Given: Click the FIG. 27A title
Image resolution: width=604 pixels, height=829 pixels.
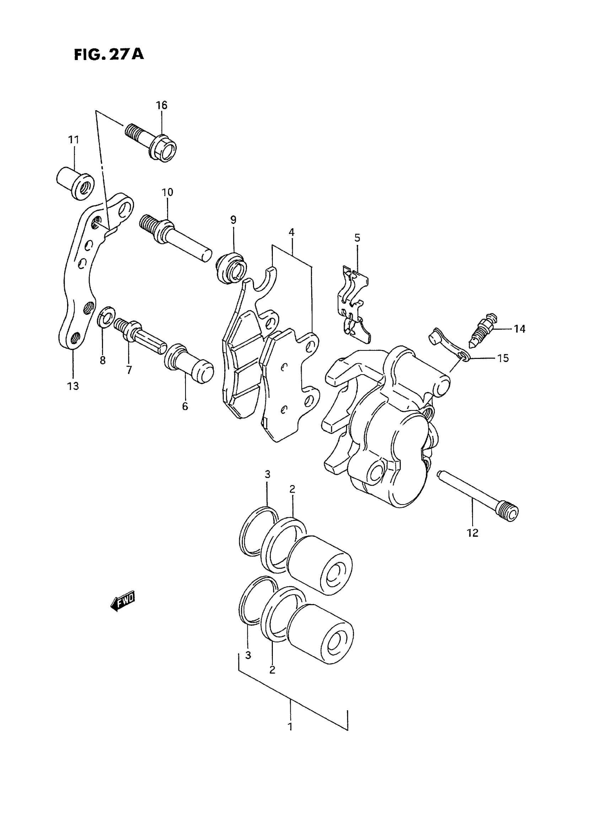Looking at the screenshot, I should pos(109,54).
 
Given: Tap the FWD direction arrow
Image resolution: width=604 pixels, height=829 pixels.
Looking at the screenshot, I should pos(123,601).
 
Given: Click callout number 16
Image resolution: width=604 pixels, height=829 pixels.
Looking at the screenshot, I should pos(161,105).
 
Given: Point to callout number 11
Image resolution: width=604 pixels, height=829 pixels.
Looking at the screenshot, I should pos(74,140).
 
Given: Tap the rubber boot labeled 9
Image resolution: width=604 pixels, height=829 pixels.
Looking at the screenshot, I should pos(231,268).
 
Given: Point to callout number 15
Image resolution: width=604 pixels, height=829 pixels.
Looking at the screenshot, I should pos(503,358).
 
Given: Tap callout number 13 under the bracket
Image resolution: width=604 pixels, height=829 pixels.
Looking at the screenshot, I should pos(73,386).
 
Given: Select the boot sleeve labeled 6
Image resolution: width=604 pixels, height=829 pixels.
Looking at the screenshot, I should pos(188,366).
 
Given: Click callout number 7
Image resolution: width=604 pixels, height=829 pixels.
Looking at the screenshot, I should pos(129,370).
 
